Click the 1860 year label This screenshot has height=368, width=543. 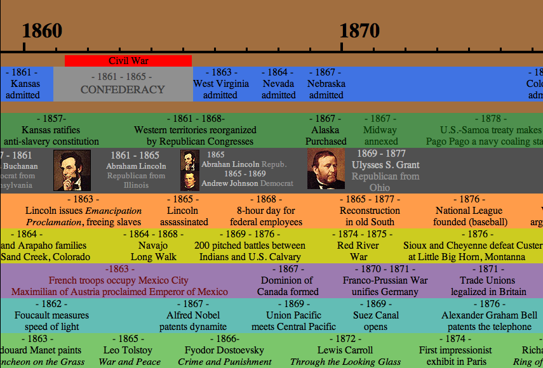click(42, 30)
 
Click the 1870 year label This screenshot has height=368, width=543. click(359, 30)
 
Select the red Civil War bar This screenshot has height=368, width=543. click(128, 61)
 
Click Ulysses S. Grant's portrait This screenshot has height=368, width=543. click(326, 169)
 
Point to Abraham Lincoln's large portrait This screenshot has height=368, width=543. click(72, 170)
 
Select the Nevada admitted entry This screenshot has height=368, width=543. click(278, 84)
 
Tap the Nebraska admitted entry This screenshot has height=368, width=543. click(326, 84)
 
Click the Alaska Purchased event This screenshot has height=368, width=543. click(326, 130)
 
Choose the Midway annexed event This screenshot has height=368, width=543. click(380, 130)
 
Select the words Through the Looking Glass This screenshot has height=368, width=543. click(345, 362)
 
